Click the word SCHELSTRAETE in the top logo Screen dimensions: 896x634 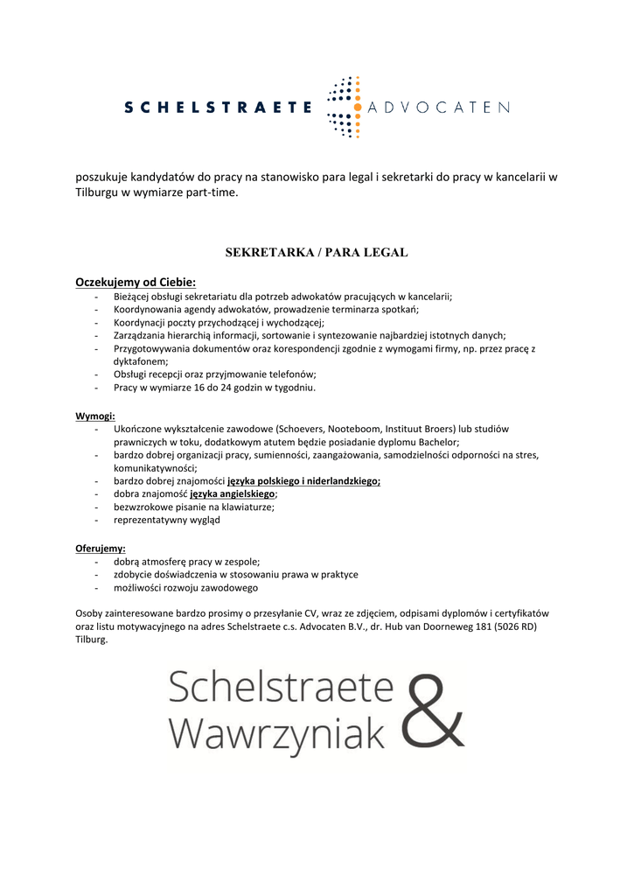pyautogui.click(x=218, y=108)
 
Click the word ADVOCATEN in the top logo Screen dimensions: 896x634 pyautogui.click(x=439, y=108)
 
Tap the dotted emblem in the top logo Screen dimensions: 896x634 pyautogui.click(x=344, y=108)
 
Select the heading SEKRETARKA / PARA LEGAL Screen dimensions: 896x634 pyautogui.click(x=317, y=252)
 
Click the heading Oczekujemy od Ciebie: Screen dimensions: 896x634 pyautogui.click(x=136, y=282)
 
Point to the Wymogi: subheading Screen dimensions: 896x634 pyautogui.click(x=95, y=416)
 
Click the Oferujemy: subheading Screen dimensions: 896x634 pyautogui.click(x=101, y=548)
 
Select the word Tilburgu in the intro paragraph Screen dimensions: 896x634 pyautogui.click(x=96, y=192)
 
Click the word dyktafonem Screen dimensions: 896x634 pyautogui.click(x=140, y=360)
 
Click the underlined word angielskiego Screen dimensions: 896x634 pyautogui.click(x=244, y=493)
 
